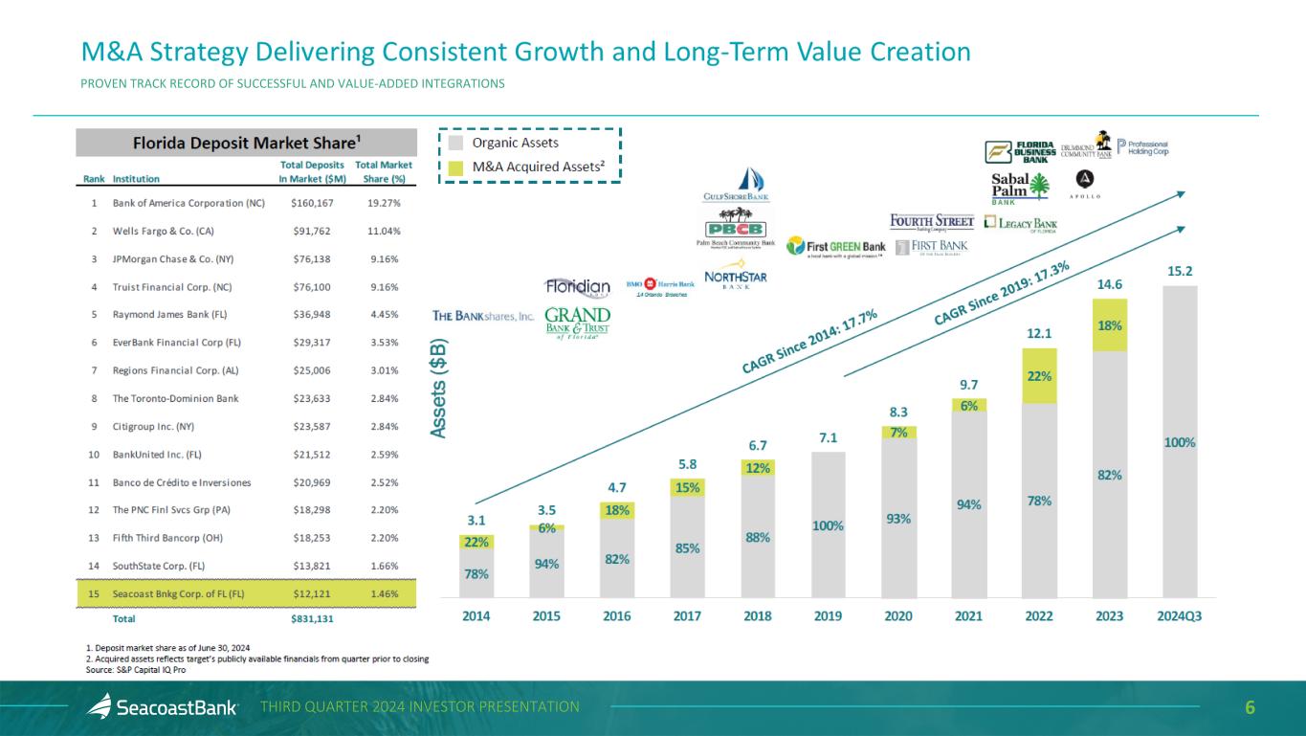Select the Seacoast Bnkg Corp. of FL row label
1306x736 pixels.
pyautogui.click(x=179, y=593)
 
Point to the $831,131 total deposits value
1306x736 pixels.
pyautogui.click(x=311, y=618)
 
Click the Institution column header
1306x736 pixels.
pyautogui.click(x=137, y=178)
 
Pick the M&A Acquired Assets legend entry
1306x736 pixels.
pyautogui.click(x=530, y=167)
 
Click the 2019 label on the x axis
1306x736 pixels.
pyautogui.click(x=828, y=616)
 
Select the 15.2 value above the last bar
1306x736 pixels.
pyautogui.click(x=1179, y=272)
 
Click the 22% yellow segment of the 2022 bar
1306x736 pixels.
pyautogui.click(x=1038, y=376)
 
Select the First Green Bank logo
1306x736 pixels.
pyautogui.click(x=835, y=247)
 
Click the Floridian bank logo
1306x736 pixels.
pyautogui.click(x=577, y=287)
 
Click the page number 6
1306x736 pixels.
pyautogui.click(x=1249, y=707)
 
